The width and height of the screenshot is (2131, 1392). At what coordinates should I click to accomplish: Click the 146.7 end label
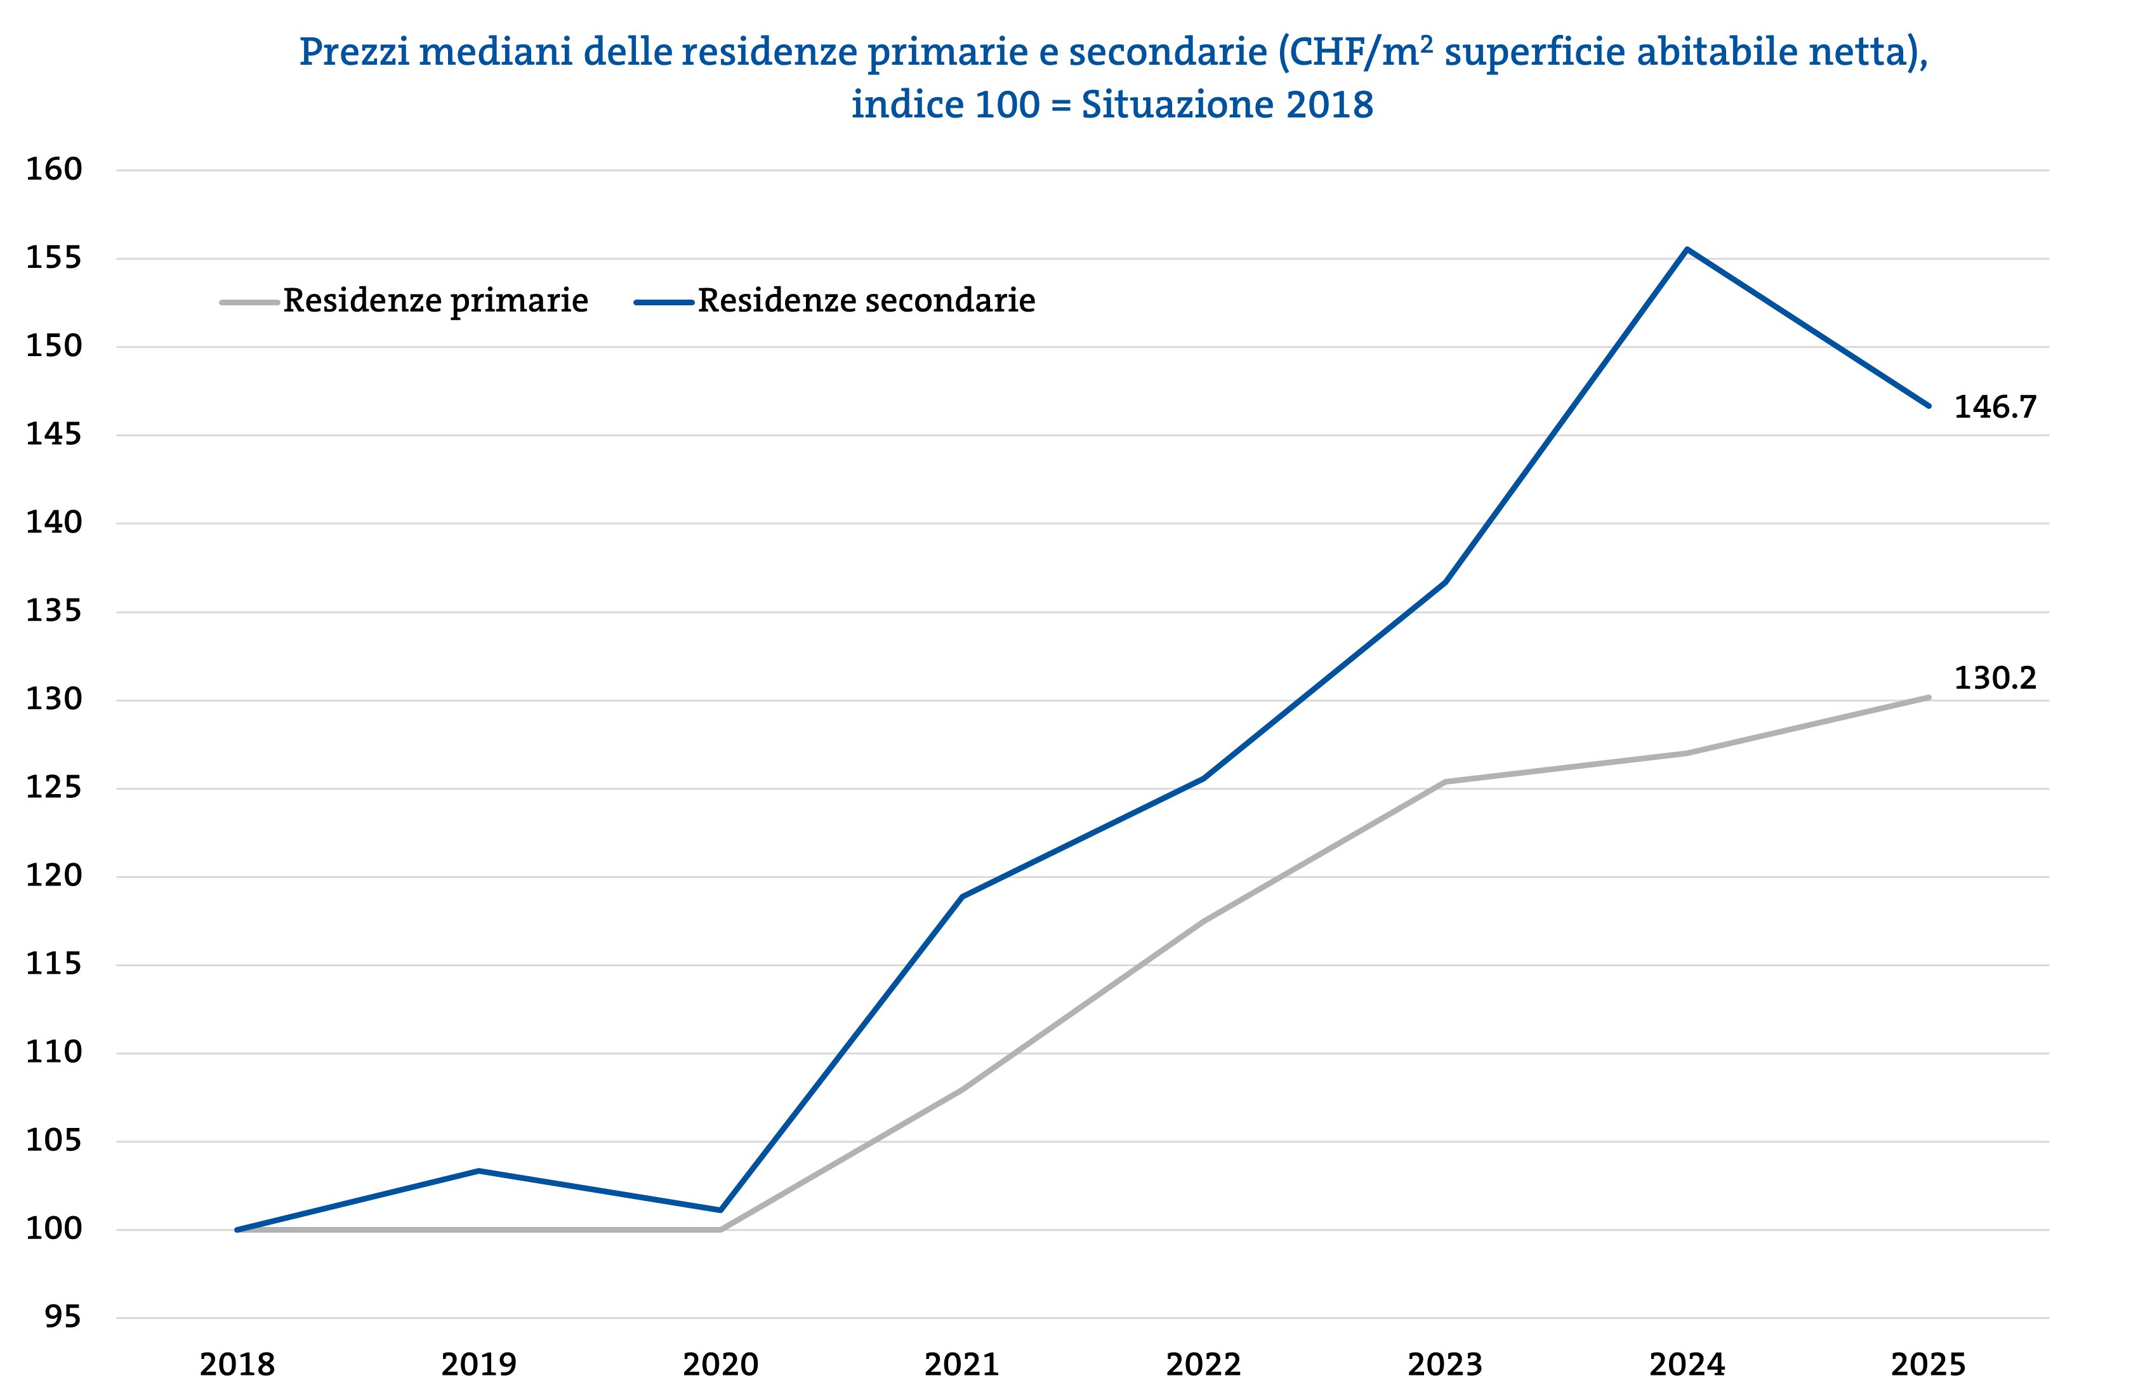tap(1995, 408)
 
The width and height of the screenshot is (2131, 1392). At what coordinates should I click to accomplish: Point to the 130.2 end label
tap(1995, 678)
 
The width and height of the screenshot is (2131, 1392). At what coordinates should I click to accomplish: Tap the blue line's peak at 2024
tap(1687, 249)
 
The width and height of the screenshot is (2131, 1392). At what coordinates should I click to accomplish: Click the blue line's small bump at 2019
tap(479, 1170)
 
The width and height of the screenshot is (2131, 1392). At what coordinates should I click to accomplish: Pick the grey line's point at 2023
tap(1445, 782)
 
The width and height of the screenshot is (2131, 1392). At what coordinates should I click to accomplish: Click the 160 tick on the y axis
tap(54, 169)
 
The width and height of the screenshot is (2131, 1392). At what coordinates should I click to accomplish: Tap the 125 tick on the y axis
tap(54, 788)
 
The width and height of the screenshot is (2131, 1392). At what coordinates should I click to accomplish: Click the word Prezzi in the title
tap(353, 52)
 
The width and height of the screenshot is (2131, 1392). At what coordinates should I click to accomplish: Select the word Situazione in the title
tap(1178, 105)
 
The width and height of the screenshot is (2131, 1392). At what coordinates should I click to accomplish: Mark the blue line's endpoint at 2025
tap(1929, 406)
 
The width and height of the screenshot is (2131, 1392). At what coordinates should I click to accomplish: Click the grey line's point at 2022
tap(1203, 921)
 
